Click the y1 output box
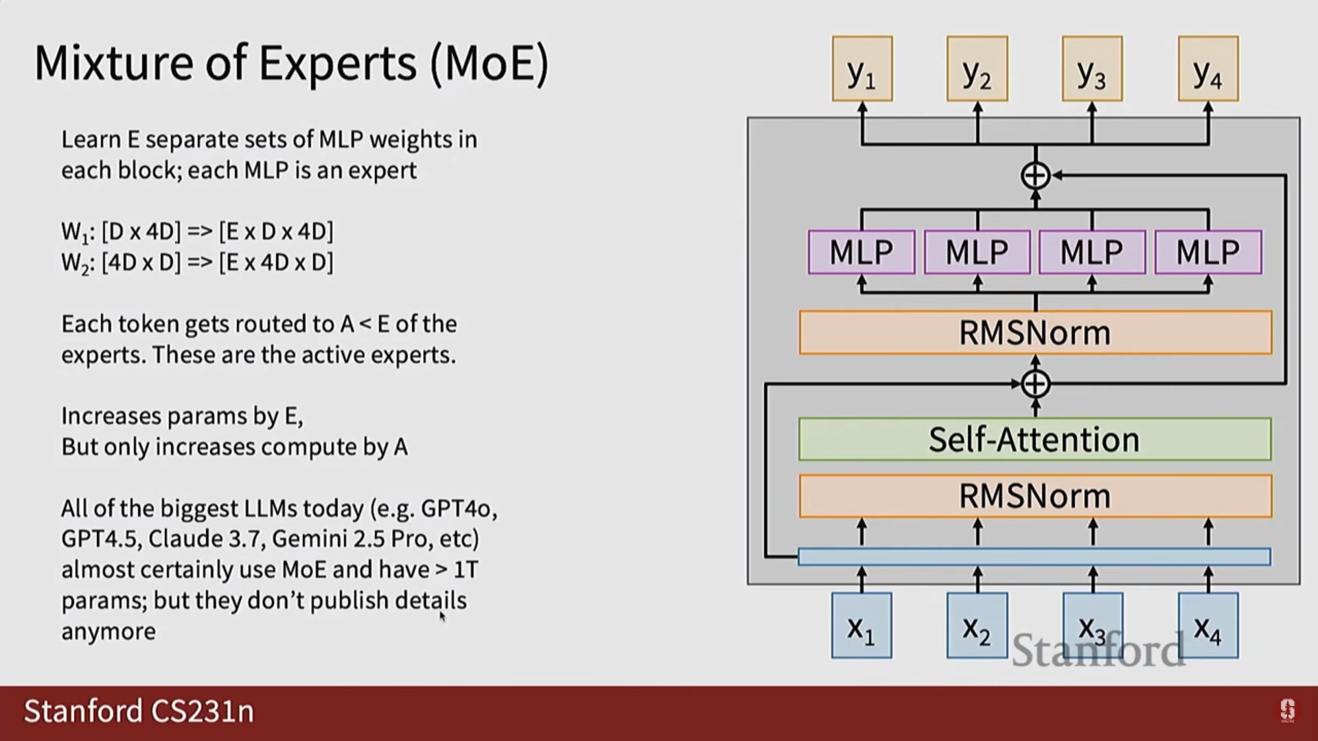(862, 69)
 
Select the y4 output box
(1208, 69)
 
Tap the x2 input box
(977, 626)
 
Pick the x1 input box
(862, 626)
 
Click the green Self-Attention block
(1034, 439)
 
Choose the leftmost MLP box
(862, 252)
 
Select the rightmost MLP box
(1208, 252)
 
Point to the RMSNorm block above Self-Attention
(1034, 333)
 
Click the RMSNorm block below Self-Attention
(1034, 495)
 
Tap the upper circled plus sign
(1035, 176)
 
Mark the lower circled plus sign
(1035, 384)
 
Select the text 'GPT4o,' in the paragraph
(459, 508)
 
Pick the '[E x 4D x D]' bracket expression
(276, 262)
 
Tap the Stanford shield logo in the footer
(1287, 711)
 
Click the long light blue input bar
(1034, 556)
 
